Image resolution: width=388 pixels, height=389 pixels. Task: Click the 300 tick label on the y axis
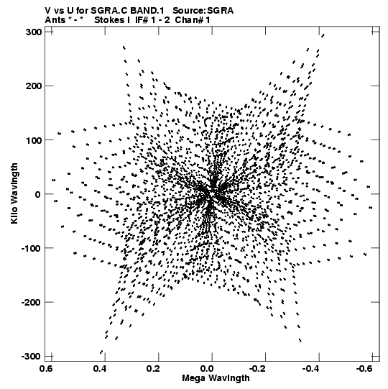34,32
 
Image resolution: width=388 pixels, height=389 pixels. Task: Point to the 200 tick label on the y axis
34,86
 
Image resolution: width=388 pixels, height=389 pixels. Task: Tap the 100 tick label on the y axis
34,140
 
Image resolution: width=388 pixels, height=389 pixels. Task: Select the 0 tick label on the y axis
38,194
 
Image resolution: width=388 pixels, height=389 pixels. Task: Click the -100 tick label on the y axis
32,248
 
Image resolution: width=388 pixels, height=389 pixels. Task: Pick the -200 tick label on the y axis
32,303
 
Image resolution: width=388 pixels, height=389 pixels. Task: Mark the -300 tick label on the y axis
32,357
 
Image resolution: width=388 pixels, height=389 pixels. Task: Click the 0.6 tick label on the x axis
47,369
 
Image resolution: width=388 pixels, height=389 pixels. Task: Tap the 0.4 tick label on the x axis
100,369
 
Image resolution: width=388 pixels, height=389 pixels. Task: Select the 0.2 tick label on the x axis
154,369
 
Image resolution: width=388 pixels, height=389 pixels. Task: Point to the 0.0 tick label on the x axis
207,369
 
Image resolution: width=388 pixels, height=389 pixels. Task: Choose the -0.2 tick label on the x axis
259,369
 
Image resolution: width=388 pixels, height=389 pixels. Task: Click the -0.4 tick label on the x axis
312,369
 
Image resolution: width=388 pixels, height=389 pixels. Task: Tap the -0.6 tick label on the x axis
366,369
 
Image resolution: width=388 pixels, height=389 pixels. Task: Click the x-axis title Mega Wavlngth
216,378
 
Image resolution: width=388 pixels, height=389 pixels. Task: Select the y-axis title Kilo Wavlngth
14,193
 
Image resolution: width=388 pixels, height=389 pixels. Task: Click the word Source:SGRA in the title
203,11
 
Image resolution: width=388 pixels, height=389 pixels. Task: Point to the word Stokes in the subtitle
109,20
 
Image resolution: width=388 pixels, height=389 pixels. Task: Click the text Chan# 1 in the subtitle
193,20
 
